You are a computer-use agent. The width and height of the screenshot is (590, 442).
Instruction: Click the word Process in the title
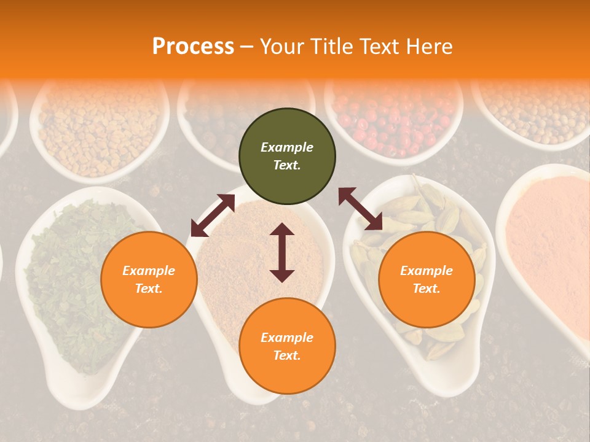[193, 47]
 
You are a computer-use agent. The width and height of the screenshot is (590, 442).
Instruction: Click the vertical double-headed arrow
[282, 252]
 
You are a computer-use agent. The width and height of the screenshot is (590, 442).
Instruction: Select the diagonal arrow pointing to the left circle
[213, 215]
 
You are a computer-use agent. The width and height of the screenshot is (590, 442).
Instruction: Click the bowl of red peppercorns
[393, 120]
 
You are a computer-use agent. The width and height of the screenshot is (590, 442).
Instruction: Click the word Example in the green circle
[287, 147]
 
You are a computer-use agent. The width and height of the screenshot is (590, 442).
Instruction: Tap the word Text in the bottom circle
[287, 355]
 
